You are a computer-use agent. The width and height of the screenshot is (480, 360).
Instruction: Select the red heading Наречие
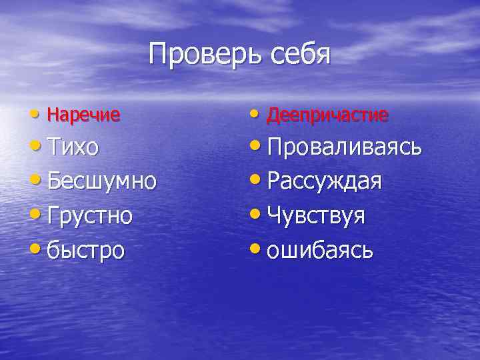83,115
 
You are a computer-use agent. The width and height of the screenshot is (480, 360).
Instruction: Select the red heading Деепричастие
327,115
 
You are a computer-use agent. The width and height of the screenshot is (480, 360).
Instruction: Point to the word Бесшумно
102,181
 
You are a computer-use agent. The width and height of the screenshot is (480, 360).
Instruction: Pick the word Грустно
89,215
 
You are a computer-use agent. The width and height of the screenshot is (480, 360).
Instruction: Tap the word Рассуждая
324,181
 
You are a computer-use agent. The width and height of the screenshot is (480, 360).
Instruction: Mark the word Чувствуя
315,215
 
